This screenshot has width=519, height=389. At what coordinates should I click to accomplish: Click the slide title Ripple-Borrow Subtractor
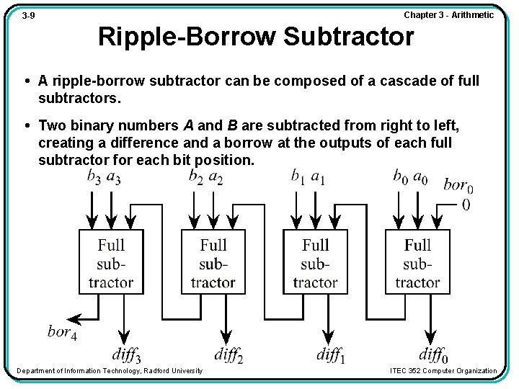click(x=256, y=36)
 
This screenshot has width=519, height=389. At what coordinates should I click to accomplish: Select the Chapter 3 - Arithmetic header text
click(x=448, y=15)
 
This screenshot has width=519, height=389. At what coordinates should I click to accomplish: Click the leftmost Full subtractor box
click(x=111, y=262)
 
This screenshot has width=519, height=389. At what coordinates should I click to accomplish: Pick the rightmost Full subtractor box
click(x=417, y=262)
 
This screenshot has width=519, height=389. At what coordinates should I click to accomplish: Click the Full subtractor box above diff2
click(x=213, y=262)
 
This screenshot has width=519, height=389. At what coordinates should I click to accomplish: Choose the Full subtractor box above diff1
click(x=315, y=262)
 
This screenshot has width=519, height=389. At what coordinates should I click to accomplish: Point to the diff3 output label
click(x=127, y=354)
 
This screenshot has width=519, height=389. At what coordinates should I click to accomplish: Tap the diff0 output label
click(x=433, y=354)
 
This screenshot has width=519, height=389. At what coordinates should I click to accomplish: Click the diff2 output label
click(x=229, y=354)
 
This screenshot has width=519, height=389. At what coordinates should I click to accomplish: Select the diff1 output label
click(x=331, y=354)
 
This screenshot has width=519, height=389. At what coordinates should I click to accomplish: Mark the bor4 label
click(x=62, y=333)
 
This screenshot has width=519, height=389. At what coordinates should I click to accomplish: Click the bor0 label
click(x=458, y=185)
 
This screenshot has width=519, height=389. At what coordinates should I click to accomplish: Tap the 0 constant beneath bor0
click(x=466, y=205)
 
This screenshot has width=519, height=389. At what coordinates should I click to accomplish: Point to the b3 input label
click(x=94, y=176)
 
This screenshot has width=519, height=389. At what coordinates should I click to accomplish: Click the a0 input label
click(x=420, y=176)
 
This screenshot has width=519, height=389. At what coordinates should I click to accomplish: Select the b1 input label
click(x=298, y=176)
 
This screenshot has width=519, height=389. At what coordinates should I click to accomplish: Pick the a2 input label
click(x=216, y=176)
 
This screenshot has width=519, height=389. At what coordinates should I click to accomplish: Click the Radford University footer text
click(x=110, y=371)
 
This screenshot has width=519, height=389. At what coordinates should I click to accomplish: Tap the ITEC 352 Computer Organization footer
click(x=443, y=371)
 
